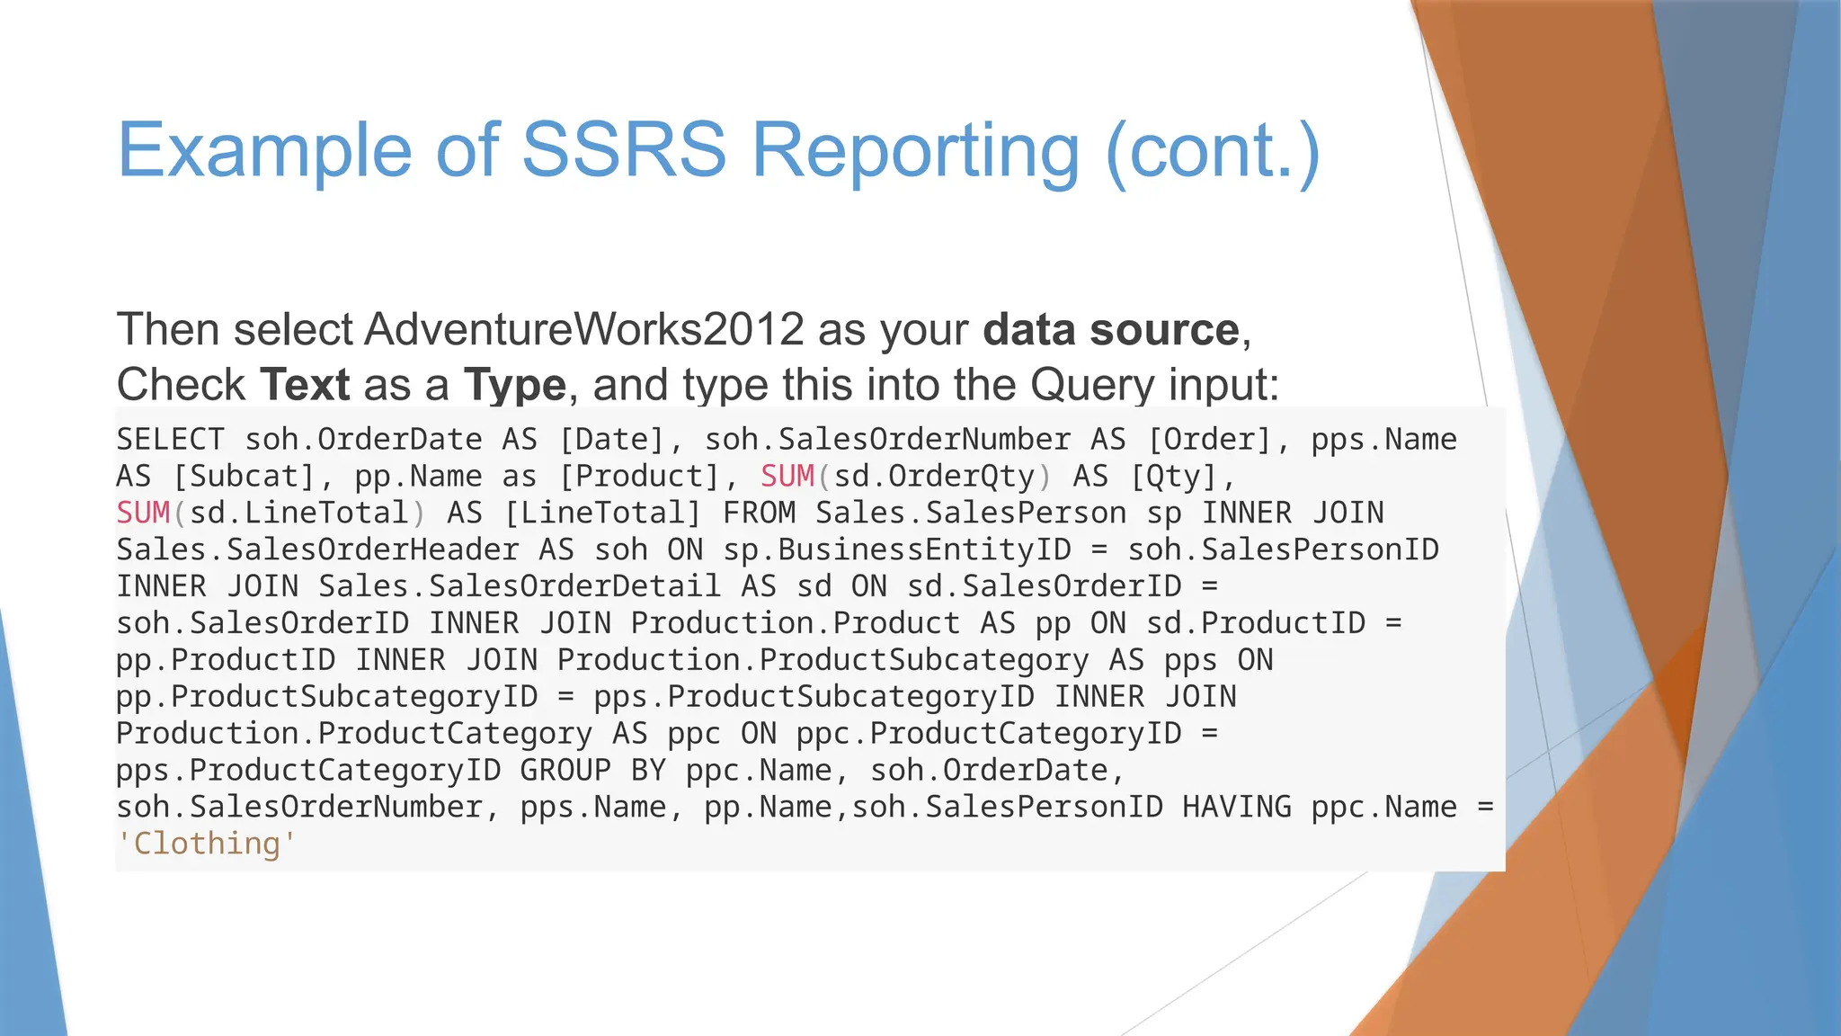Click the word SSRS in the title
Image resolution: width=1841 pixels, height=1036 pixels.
(623, 149)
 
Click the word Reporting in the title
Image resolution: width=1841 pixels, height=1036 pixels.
(915, 151)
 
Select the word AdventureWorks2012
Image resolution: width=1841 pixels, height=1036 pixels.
(583, 329)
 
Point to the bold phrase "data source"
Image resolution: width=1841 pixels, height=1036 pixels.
(1111, 329)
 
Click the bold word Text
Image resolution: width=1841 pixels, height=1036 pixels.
(305, 385)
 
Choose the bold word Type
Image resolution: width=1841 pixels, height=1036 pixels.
(515, 385)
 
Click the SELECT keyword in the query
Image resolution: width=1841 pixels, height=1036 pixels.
(170, 440)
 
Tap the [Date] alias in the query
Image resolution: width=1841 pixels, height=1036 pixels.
(611, 440)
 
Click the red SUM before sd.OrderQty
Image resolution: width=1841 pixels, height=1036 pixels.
(787, 477)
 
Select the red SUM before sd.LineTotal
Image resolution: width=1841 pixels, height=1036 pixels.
(143, 514)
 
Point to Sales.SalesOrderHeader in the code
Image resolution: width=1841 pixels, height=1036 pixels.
(317, 550)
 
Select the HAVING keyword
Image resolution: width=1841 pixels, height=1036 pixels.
(1236, 808)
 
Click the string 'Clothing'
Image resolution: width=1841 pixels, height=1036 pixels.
(207, 844)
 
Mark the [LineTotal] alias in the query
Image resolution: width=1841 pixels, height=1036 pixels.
(602, 514)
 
